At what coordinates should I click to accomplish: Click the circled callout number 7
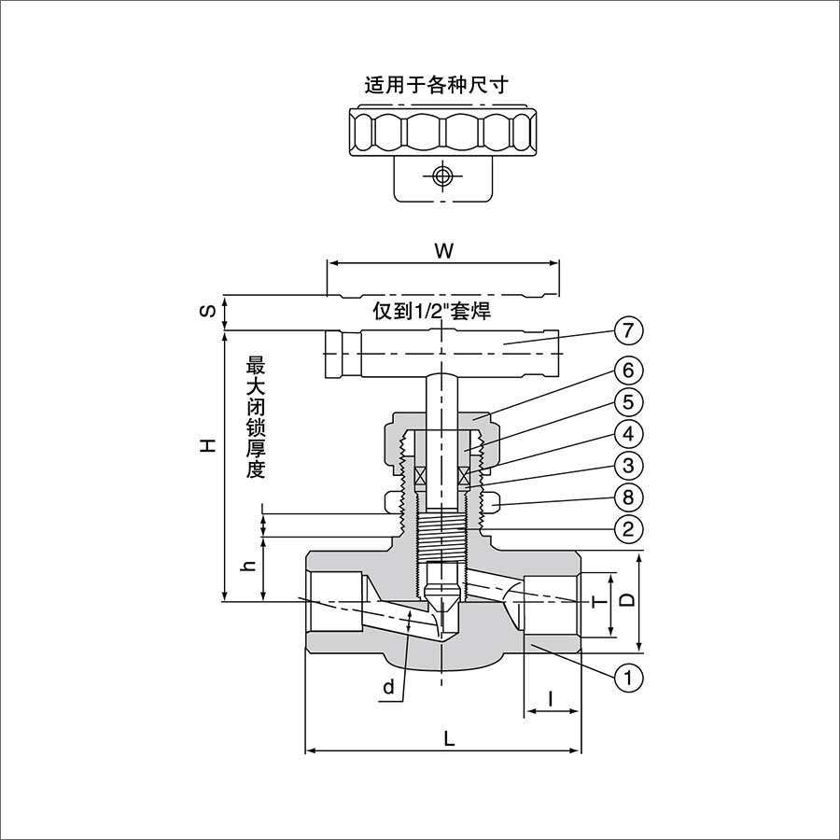coord(629,330)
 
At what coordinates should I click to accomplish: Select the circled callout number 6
coord(629,370)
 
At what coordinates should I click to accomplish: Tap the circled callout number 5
coord(629,402)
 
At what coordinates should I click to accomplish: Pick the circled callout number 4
coord(629,434)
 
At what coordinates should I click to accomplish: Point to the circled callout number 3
coord(629,465)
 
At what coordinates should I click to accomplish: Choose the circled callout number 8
coord(629,497)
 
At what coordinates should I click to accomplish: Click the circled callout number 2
coord(629,529)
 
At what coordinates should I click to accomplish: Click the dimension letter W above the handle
coord(443,250)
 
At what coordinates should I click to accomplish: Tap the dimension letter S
coord(210,312)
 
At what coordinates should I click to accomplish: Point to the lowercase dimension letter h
coord(247,567)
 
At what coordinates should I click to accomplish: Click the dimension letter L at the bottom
coord(449,738)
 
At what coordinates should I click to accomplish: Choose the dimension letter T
coord(600,602)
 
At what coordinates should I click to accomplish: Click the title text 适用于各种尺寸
coord(436,85)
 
